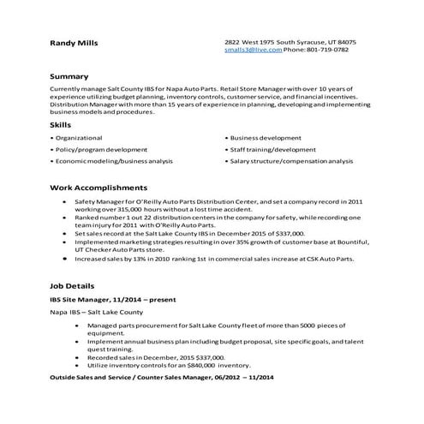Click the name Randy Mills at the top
pyautogui.click(x=74, y=43)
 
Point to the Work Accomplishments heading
pyautogui.click(x=99, y=188)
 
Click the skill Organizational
pyautogui.click(x=78, y=138)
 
